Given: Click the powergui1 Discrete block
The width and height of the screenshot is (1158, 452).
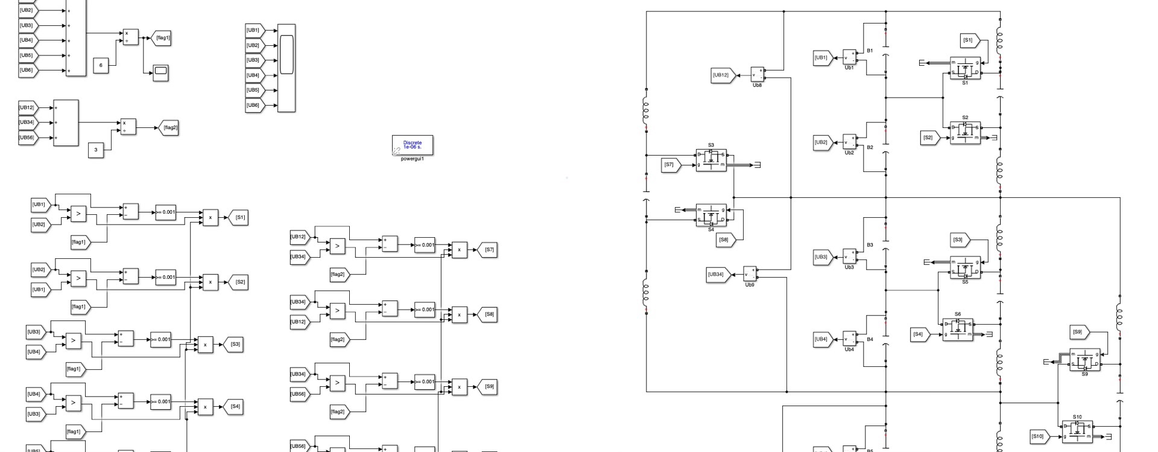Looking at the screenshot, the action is (x=413, y=145).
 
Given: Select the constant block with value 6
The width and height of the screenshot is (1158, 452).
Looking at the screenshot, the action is (x=101, y=65).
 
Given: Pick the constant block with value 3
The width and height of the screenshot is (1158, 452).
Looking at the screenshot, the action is (x=96, y=150).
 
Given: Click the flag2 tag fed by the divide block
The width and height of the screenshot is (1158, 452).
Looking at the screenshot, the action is (x=170, y=127).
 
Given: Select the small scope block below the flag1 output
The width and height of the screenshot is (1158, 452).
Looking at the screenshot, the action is (x=160, y=72).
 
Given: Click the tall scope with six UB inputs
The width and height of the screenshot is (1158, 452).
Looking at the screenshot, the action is (x=286, y=68).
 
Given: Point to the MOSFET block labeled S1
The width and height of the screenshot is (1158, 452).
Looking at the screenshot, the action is (x=965, y=68).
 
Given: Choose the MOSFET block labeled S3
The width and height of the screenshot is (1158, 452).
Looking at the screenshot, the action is (x=711, y=160).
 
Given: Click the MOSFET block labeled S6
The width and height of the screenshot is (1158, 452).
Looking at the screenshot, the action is (x=958, y=329).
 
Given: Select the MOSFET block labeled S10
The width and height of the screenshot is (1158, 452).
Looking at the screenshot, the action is (x=1077, y=431).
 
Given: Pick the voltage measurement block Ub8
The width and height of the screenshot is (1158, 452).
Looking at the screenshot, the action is (x=757, y=74).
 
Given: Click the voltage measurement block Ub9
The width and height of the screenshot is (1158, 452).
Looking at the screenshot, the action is (x=750, y=274).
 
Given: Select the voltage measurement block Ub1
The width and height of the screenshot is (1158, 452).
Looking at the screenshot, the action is (x=849, y=57).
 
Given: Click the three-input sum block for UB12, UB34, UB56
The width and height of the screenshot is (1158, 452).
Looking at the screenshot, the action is (x=66, y=123).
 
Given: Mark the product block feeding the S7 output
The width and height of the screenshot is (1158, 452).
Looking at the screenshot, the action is (x=460, y=250).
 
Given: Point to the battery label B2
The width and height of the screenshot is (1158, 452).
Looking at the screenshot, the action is (x=870, y=147).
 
